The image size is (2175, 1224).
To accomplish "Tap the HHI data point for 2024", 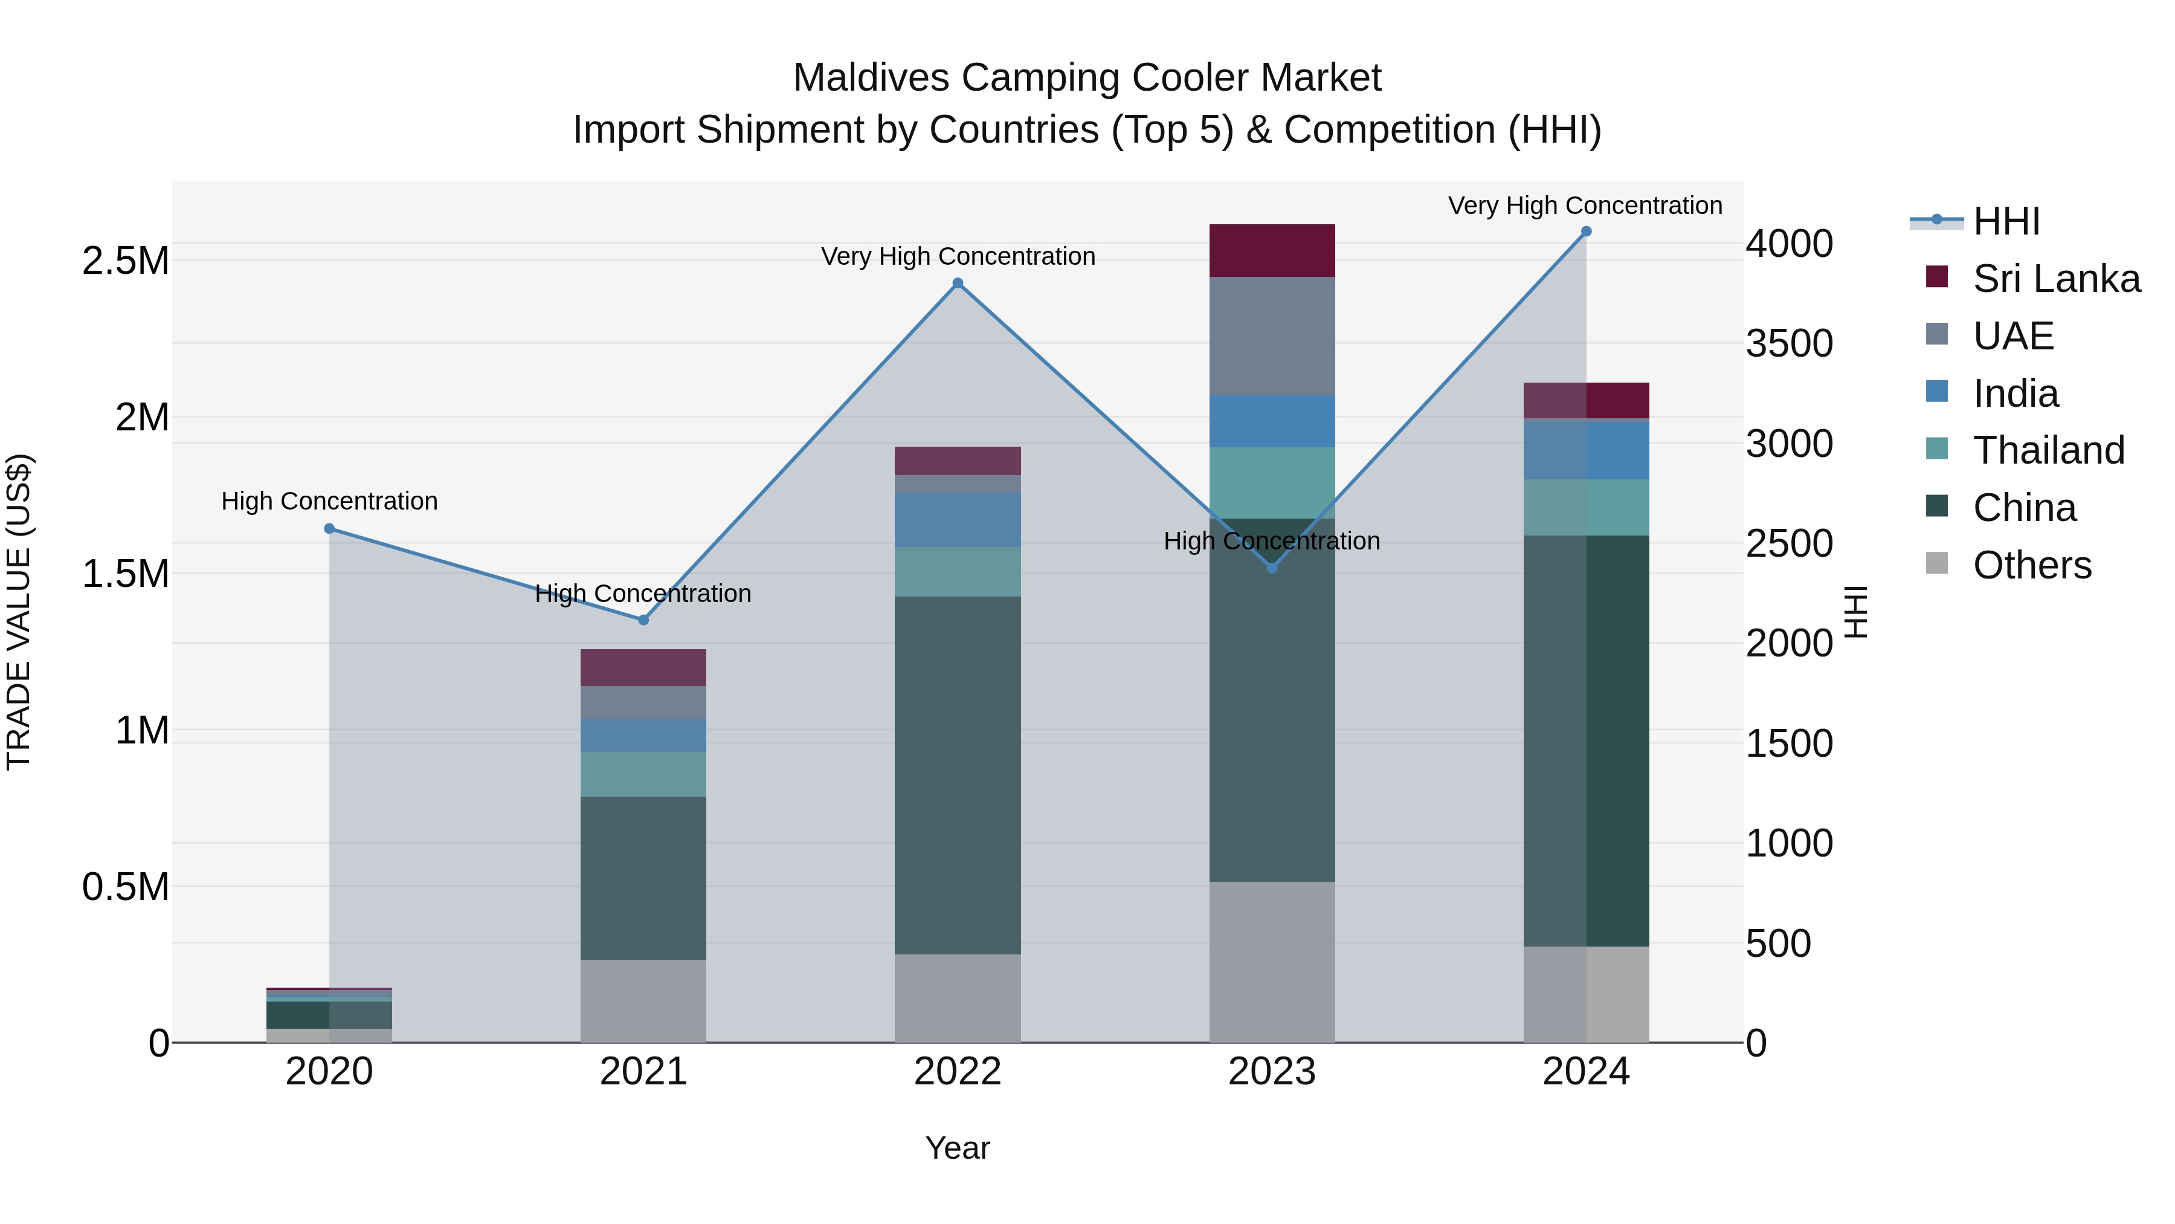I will (1586, 232).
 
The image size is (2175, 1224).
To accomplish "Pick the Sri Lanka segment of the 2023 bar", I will (1272, 250).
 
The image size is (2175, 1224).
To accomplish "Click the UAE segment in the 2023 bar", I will (1272, 335).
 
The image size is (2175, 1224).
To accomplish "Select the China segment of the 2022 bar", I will (958, 775).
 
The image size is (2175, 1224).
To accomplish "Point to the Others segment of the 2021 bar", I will (643, 1000).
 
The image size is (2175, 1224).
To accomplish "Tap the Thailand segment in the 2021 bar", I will (643, 774).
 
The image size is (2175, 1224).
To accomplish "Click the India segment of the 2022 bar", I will (958, 519).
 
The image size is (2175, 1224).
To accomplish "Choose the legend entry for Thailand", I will (2048, 450).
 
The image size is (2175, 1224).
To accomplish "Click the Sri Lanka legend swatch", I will (1937, 277).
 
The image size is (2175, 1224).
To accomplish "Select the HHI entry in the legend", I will (2005, 221).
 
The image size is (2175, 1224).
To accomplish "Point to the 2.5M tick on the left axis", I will (125, 261).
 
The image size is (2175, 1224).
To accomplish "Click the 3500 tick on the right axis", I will (1789, 344).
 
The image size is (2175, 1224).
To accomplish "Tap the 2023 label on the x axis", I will (1272, 1072).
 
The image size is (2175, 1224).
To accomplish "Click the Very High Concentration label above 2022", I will (958, 256).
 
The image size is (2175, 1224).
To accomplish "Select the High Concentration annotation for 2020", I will (329, 501).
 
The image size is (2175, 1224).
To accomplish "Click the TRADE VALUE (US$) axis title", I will (19, 612).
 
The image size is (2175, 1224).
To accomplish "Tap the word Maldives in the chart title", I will (871, 78).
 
